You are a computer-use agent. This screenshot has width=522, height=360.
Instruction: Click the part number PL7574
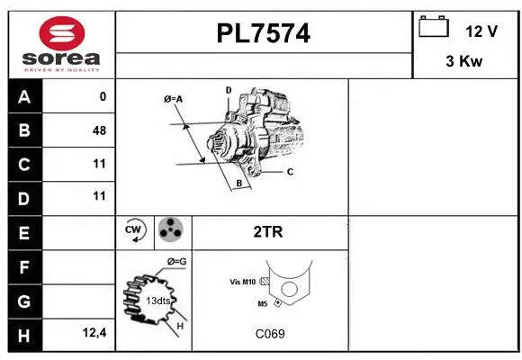pyautogui.click(x=264, y=33)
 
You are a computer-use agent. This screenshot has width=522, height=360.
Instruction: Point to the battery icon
pyautogui.click(x=434, y=29)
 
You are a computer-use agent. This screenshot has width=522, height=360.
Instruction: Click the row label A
pyautogui.click(x=24, y=97)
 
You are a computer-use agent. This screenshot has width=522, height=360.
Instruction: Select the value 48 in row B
pyautogui.click(x=99, y=130)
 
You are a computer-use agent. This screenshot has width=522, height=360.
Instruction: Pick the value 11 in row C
pyautogui.click(x=99, y=164)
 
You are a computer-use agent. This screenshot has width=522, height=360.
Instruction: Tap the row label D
pyautogui.click(x=24, y=197)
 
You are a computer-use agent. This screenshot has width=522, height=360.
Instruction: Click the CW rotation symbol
pyautogui.click(x=135, y=231)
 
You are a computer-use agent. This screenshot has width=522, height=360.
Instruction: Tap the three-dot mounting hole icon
pyautogui.click(x=170, y=231)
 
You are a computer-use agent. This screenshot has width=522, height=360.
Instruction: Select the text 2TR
pyautogui.click(x=269, y=231)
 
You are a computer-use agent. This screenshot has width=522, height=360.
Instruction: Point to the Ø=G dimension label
pyautogui.click(x=176, y=261)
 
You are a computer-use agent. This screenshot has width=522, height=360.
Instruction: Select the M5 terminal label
pyautogui.click(x=262, y=303)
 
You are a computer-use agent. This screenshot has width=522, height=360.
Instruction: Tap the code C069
pyautogui.click(x=269, y=334)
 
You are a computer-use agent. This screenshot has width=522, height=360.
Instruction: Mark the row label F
pyautogui.click(x=24, y=266)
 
